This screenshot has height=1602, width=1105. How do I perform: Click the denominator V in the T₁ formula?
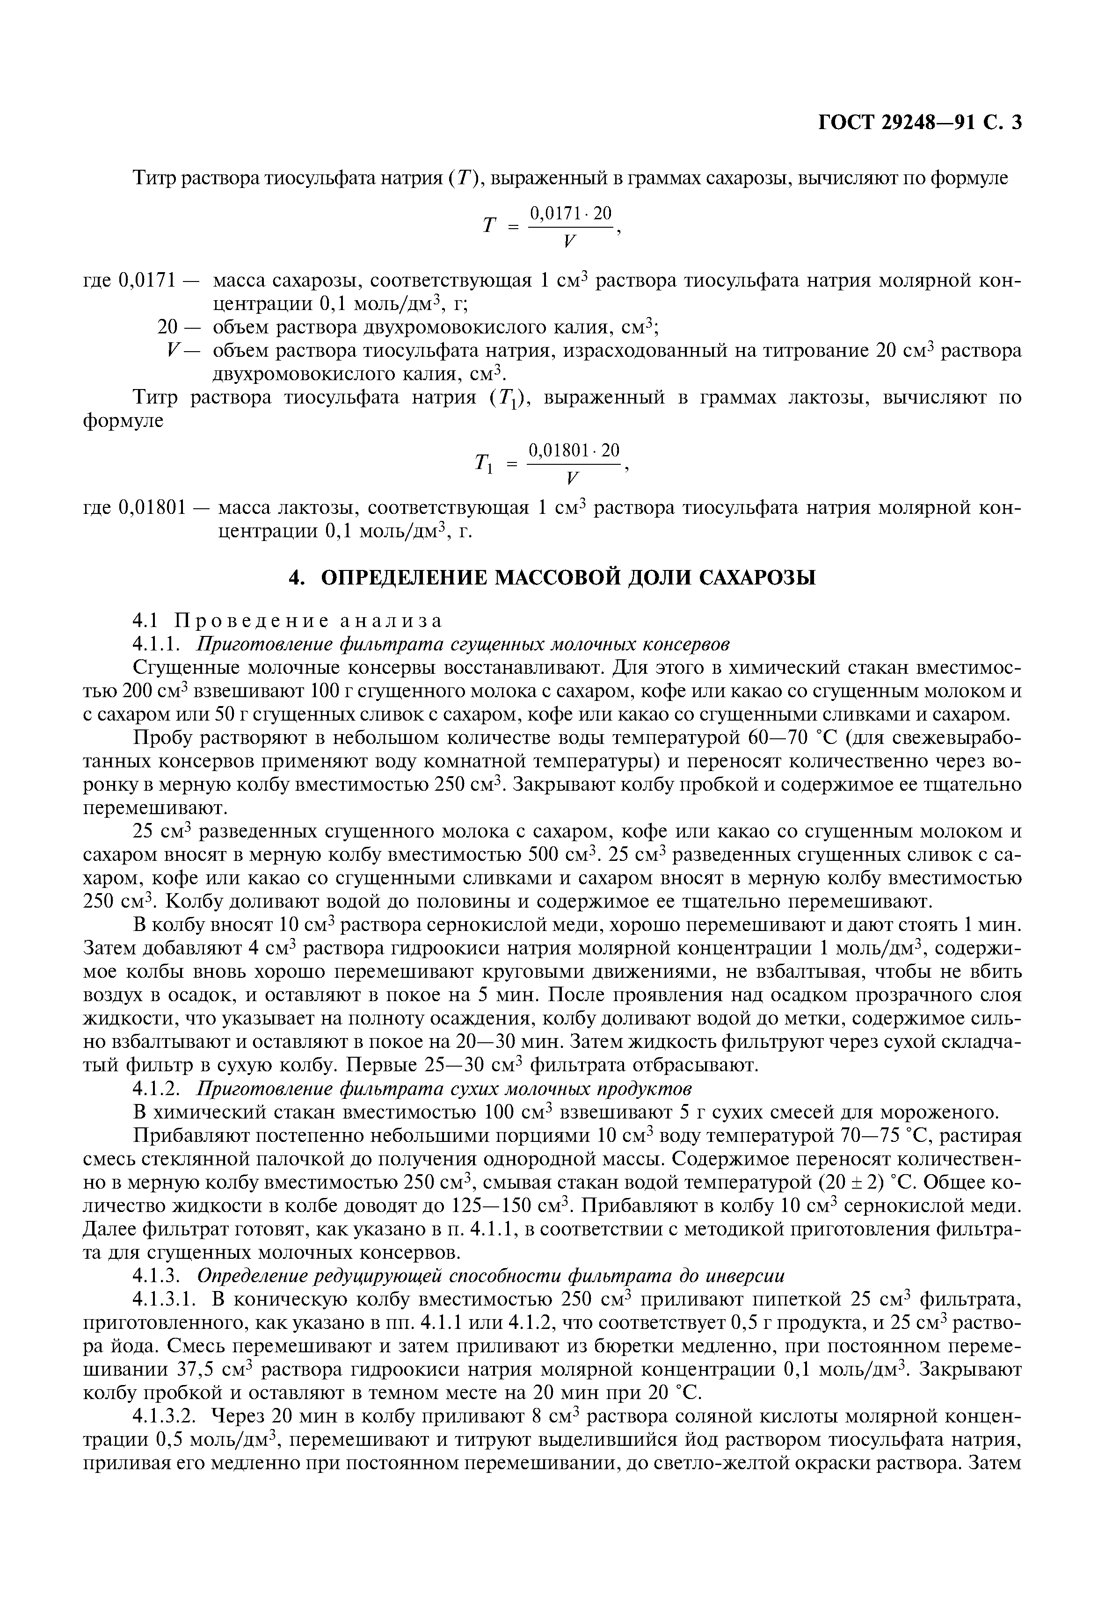571,478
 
